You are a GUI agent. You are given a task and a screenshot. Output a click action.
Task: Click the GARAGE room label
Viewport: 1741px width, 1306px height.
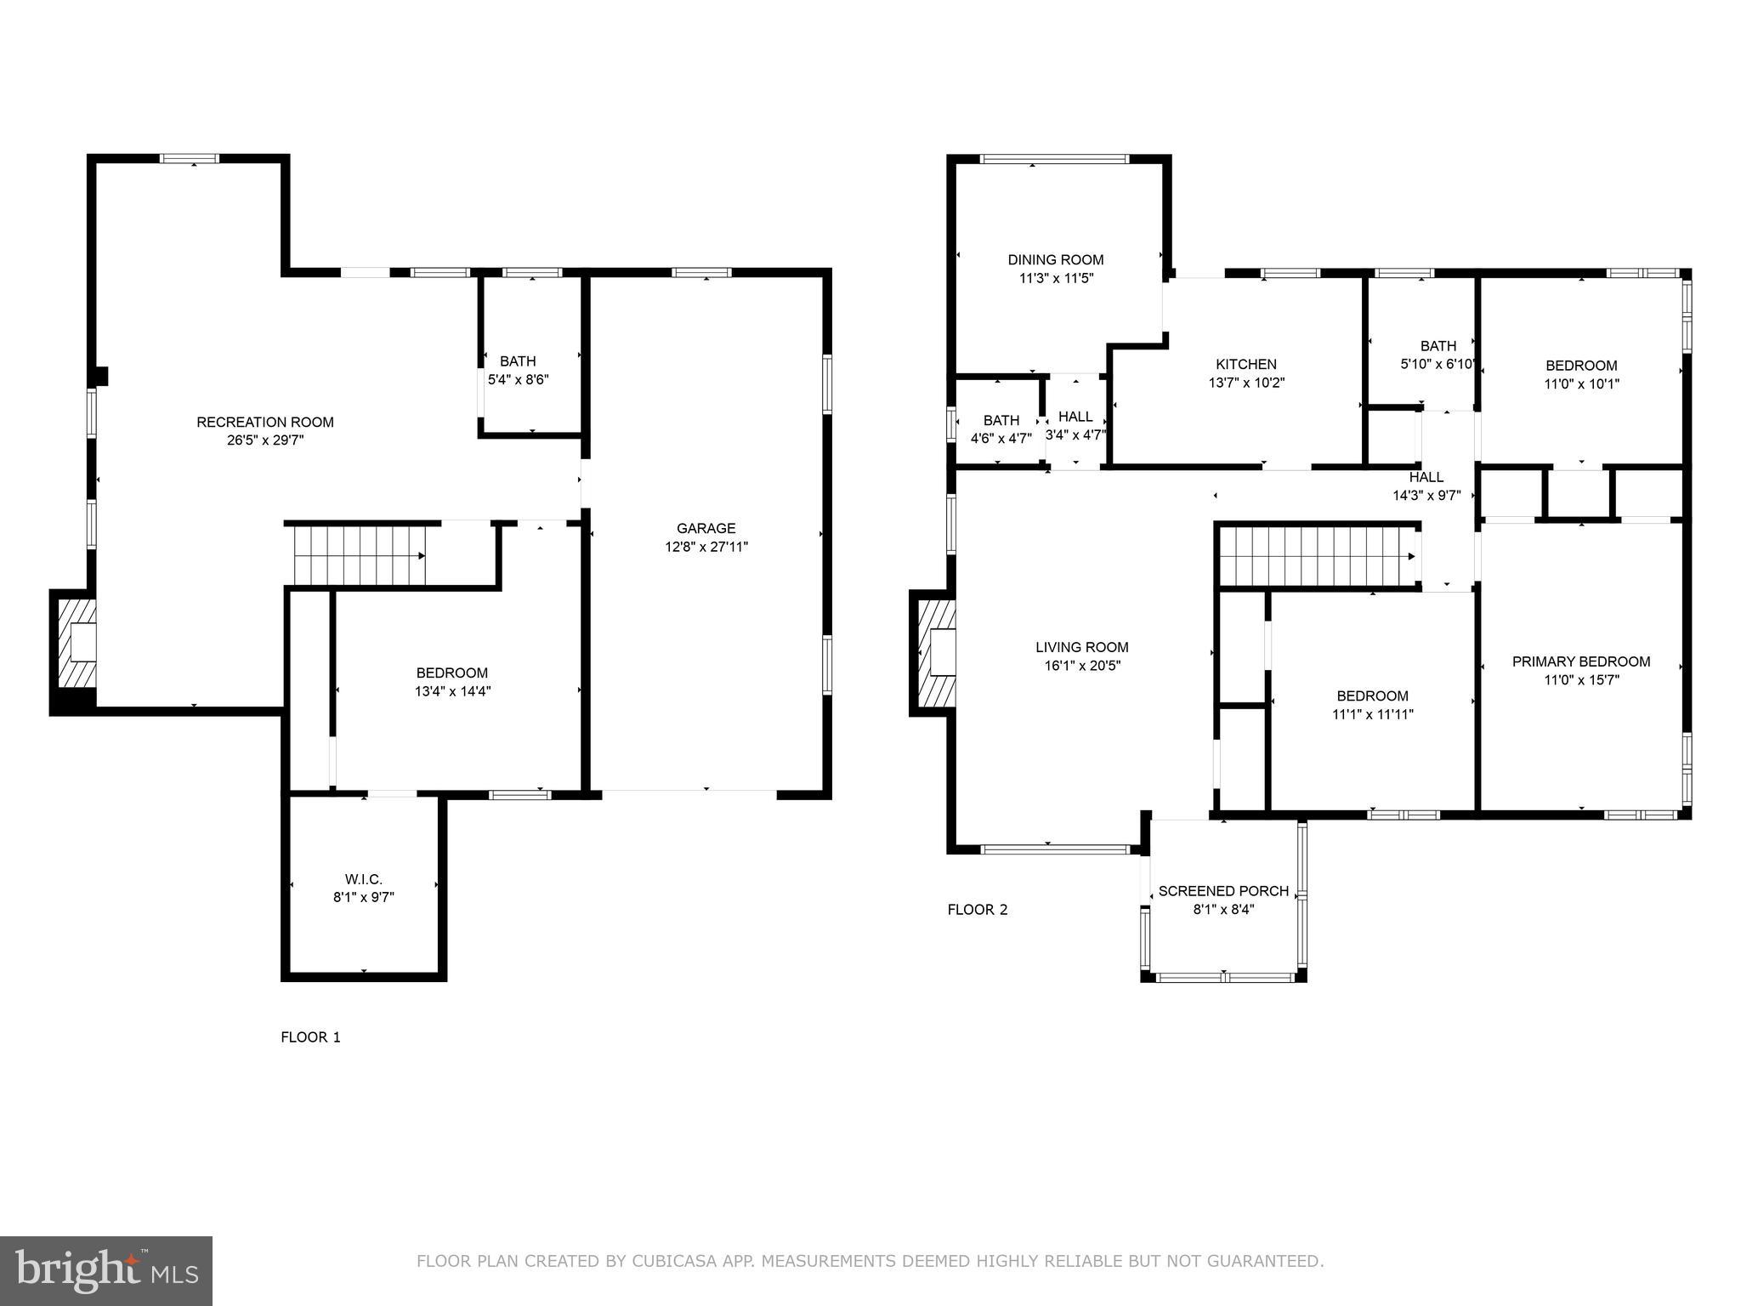(x=706, y=528)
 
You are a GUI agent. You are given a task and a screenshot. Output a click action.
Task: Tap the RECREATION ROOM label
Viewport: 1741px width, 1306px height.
(x=265, y=422)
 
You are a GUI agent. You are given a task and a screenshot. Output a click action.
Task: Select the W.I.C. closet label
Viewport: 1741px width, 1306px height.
(x=363, y=878)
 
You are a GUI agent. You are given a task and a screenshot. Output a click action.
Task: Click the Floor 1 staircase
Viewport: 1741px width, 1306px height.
(x=359, y=555)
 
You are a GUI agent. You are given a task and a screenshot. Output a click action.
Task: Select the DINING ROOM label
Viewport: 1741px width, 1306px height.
(x=1056, y=259)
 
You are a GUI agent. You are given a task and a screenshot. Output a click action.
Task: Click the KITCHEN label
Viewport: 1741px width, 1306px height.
(x=1245, y=364)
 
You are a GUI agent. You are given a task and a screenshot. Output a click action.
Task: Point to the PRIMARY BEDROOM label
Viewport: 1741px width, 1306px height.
(x=1580, y=661)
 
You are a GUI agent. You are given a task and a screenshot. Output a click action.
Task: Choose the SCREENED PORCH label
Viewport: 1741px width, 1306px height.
(x=1223, y=890)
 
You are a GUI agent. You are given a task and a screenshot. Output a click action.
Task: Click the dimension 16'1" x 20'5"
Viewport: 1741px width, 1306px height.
(x=1082, y=666)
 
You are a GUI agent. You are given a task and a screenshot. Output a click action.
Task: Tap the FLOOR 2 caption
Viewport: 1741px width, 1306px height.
(x=978, y=910)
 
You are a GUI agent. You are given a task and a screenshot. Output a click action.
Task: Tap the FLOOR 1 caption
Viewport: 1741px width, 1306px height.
(x=310, y=1036)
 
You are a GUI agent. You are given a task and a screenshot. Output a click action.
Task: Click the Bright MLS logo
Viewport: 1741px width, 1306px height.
(x=105, y=1270)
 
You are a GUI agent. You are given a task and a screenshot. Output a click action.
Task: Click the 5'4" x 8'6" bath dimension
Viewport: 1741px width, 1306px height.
(x=518, y=379)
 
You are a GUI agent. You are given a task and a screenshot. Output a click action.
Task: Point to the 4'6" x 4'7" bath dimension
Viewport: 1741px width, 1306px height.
(x=1001, y=439)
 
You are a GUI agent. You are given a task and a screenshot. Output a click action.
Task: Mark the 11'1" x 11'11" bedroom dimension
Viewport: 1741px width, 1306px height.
(x=1372, y=714)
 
